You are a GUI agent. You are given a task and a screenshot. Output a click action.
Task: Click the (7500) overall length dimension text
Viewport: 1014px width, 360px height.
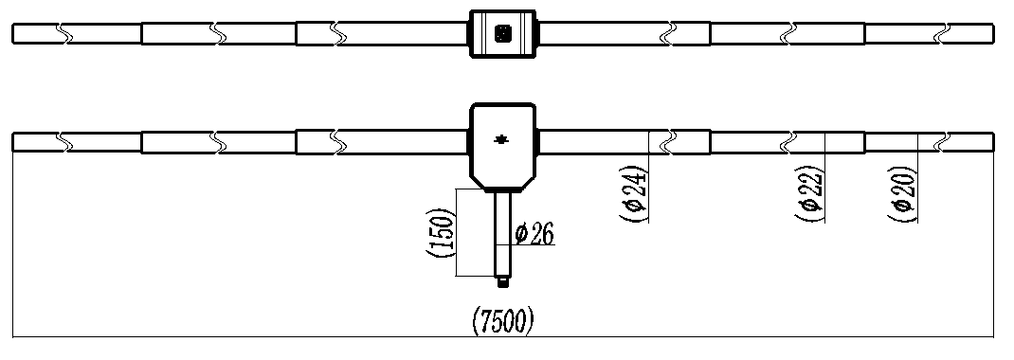503,320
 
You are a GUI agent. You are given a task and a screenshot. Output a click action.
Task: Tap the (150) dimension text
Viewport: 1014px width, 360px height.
441,232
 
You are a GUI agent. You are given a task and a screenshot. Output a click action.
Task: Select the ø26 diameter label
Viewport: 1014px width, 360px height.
534,234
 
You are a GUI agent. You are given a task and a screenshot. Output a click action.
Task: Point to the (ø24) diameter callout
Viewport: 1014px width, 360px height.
634,194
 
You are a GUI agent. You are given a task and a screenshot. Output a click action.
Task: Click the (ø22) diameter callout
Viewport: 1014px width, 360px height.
809,194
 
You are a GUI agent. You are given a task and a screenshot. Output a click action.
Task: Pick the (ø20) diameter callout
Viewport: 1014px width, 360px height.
903,194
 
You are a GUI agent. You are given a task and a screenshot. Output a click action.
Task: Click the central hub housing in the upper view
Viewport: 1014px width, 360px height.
502,33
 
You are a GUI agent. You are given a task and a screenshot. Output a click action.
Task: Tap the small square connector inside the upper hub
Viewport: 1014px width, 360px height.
502,33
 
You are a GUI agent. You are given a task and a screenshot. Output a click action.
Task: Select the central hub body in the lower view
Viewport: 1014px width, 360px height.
502,146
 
